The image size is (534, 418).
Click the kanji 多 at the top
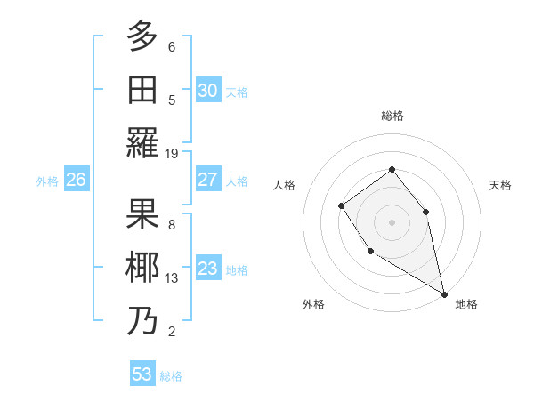(x=143, y=36)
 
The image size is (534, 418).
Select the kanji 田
(x=143, y=90)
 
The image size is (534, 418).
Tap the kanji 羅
(x=143, y=142)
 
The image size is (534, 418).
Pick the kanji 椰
(x=143, y=267)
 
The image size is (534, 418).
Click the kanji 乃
(x=143, y=320)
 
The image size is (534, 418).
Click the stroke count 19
(x=172, y=154)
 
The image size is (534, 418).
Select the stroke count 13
(x=172, y=278)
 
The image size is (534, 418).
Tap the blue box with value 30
(x=207, y=91)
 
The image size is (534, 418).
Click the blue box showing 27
(x=207, y=180)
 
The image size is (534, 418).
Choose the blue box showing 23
(x=207, y=269)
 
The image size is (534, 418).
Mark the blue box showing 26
(x=76, y=180)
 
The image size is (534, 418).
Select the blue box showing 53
(x=142, y=374)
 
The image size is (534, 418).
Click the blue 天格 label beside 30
(x=237, y=92)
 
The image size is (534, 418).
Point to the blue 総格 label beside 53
(x=171, y=376)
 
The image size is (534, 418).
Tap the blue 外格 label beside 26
(x=47, y=181)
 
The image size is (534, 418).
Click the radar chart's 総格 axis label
(x=392, y=116)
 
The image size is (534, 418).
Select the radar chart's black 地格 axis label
(x=466, y=305)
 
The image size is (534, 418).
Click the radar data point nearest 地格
(x=445, y=294)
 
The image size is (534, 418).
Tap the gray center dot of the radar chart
(x=392, y=221)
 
